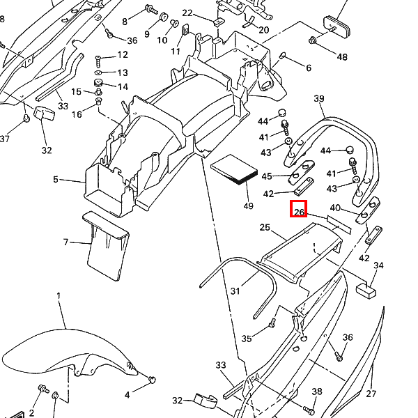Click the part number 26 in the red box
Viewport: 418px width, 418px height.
click(x=299, y=209)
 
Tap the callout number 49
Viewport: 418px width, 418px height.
click(x=249, y=206)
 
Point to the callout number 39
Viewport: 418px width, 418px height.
click(x=319, y=99)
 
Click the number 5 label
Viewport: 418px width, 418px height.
click(x=56, y=180)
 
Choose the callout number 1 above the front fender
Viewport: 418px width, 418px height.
click(x=59, y=296)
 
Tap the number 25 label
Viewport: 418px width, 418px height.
click(x=265, y=228)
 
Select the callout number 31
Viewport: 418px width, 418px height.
click(x=235, y=291)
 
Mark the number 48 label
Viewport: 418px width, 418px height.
click(x=342, y=56)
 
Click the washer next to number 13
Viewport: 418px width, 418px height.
click(x=99, y=72)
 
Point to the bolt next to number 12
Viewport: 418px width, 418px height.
click(x=99, y=55)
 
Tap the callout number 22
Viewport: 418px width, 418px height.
click(x=187, y=13)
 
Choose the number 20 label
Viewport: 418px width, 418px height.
click(x=263, y=30)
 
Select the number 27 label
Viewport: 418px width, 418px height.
click(x=371, y=394)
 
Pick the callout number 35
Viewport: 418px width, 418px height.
click(x=247, y=339)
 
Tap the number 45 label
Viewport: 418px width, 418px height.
click(x=267, y=176)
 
